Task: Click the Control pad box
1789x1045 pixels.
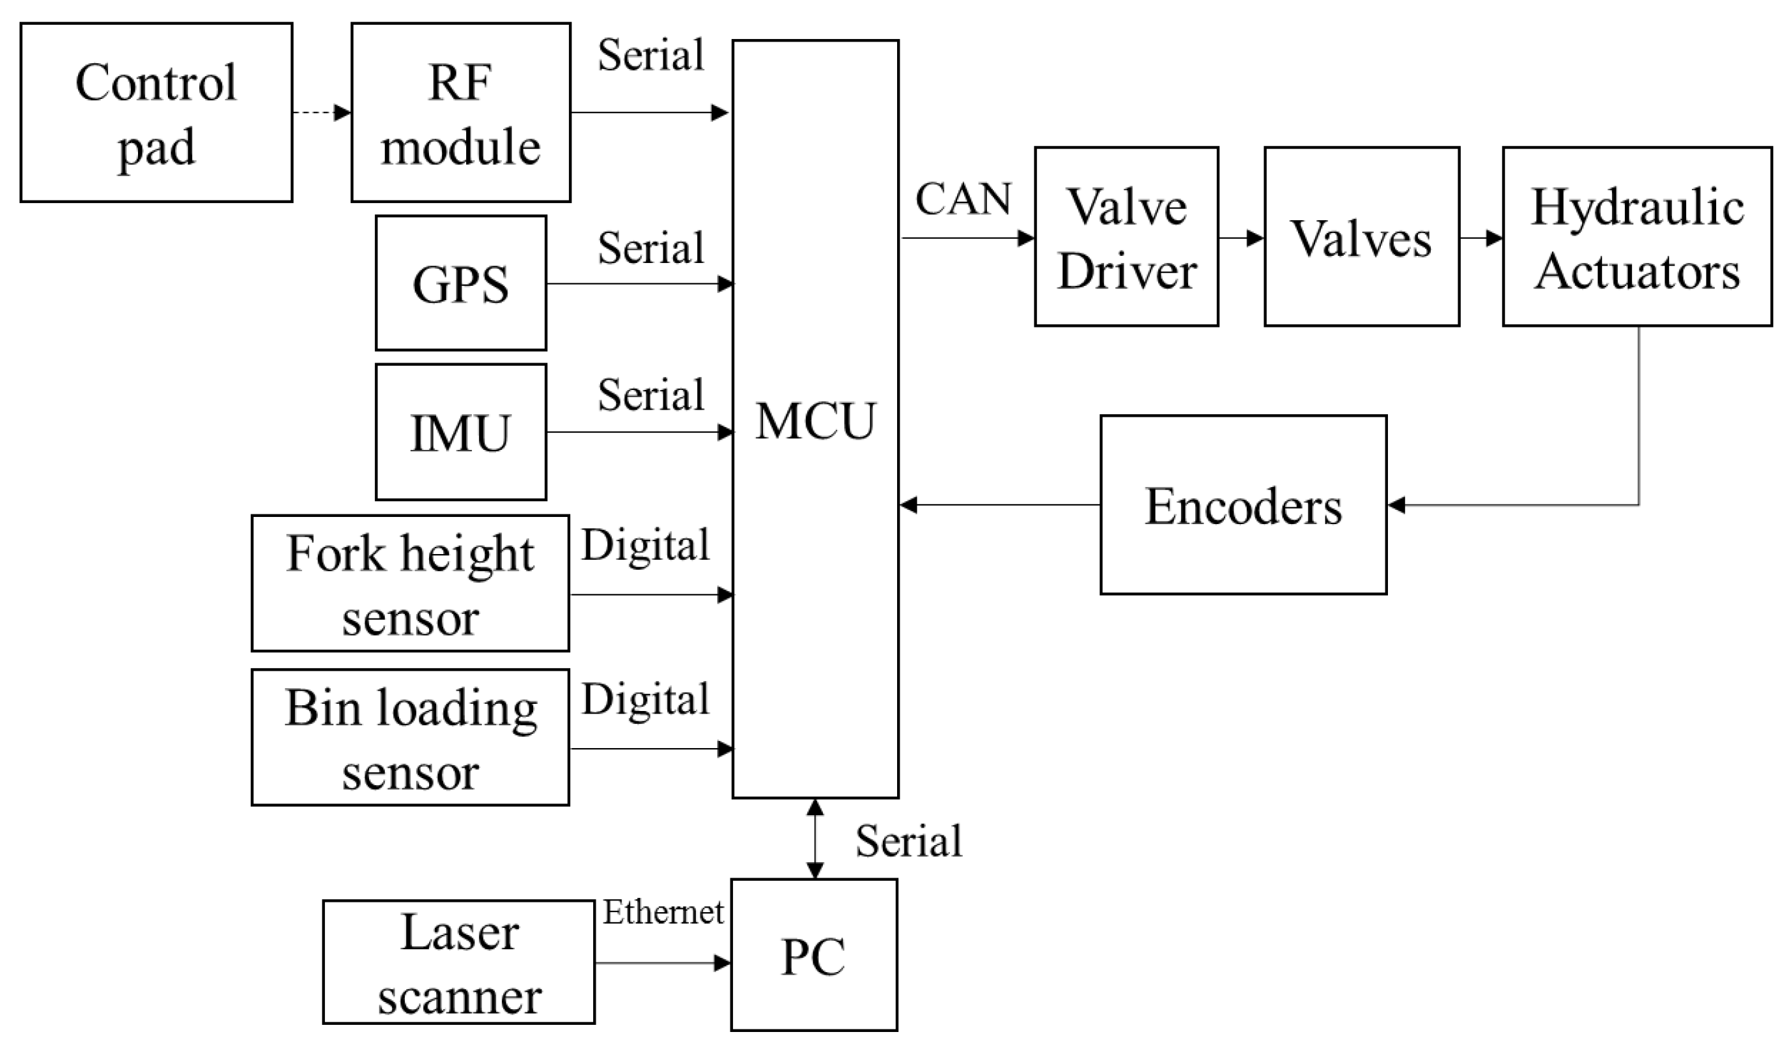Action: click(x=156, y=112)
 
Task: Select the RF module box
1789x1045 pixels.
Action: click(x=461, y=112)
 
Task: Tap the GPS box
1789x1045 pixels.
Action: click(x=461, y=283)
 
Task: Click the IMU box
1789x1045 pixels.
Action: click(x=461, y=432)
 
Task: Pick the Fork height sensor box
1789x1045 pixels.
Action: click(x=409, y=583)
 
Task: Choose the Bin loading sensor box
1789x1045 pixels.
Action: click(x=409, y=737)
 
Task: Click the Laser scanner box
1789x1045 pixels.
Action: click(x=458, y=962)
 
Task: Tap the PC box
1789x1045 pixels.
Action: click(x=814, y=955)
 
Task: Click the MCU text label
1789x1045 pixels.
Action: click(x=815, y=421)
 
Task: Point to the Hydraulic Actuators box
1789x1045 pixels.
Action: click(x=1637, y=236)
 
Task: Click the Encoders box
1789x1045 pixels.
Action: click(x=1243, y=505)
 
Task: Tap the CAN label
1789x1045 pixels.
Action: click(x=963, y=199)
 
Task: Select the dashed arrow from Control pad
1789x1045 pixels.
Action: click(x=321, y=112)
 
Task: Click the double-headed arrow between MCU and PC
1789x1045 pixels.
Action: click(x=815, y=839)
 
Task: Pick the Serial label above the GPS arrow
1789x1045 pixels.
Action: click(x=650, y=248)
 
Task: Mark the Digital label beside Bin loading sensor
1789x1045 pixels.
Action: click(x=645, y=699)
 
